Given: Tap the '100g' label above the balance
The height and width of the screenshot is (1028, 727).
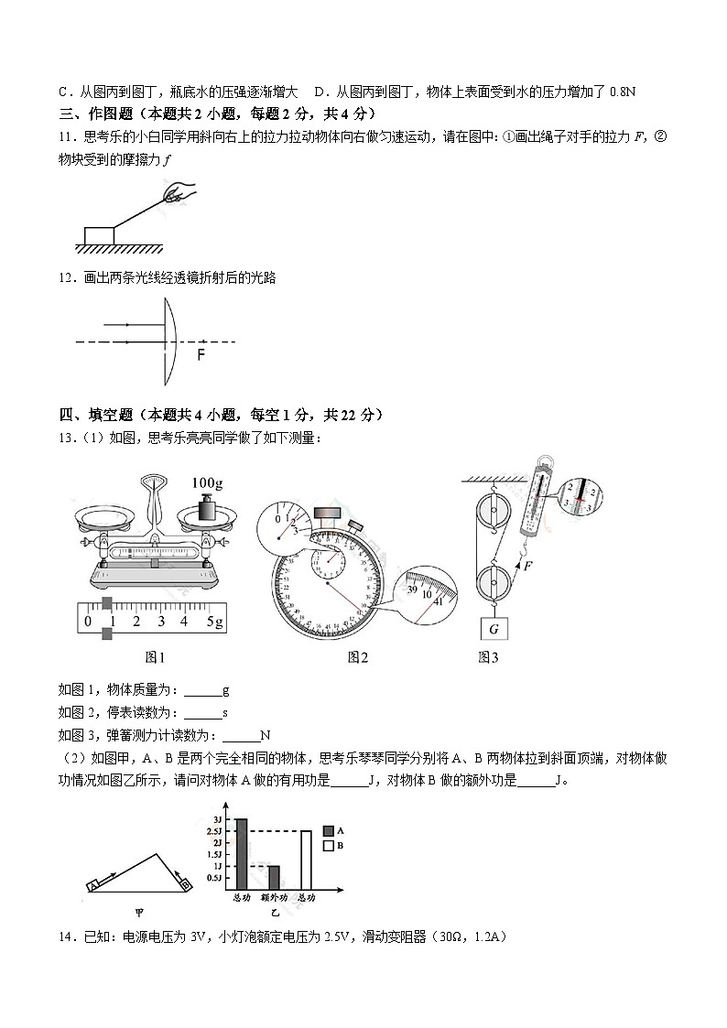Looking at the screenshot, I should tap(209, 482).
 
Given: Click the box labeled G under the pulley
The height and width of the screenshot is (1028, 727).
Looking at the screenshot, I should tap(494, 629).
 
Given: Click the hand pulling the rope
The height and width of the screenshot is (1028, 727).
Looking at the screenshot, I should tap(179, 192).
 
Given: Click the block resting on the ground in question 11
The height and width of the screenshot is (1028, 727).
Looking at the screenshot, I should tap(99, 235).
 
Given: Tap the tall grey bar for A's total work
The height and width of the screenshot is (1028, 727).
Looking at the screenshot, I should tap(242, 853).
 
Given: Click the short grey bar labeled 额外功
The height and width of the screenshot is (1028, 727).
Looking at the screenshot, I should tap(273, 876).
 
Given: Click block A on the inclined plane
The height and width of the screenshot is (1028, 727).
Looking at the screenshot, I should tap(94, 885).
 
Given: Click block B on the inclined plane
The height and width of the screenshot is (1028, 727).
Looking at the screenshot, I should tap(184, 884).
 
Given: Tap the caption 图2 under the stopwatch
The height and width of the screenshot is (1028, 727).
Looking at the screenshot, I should tap(357, 656).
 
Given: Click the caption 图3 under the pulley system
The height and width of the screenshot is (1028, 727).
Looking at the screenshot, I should tap(488, 656).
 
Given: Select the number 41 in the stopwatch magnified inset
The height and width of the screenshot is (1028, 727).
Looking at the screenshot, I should tap(438, 601).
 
